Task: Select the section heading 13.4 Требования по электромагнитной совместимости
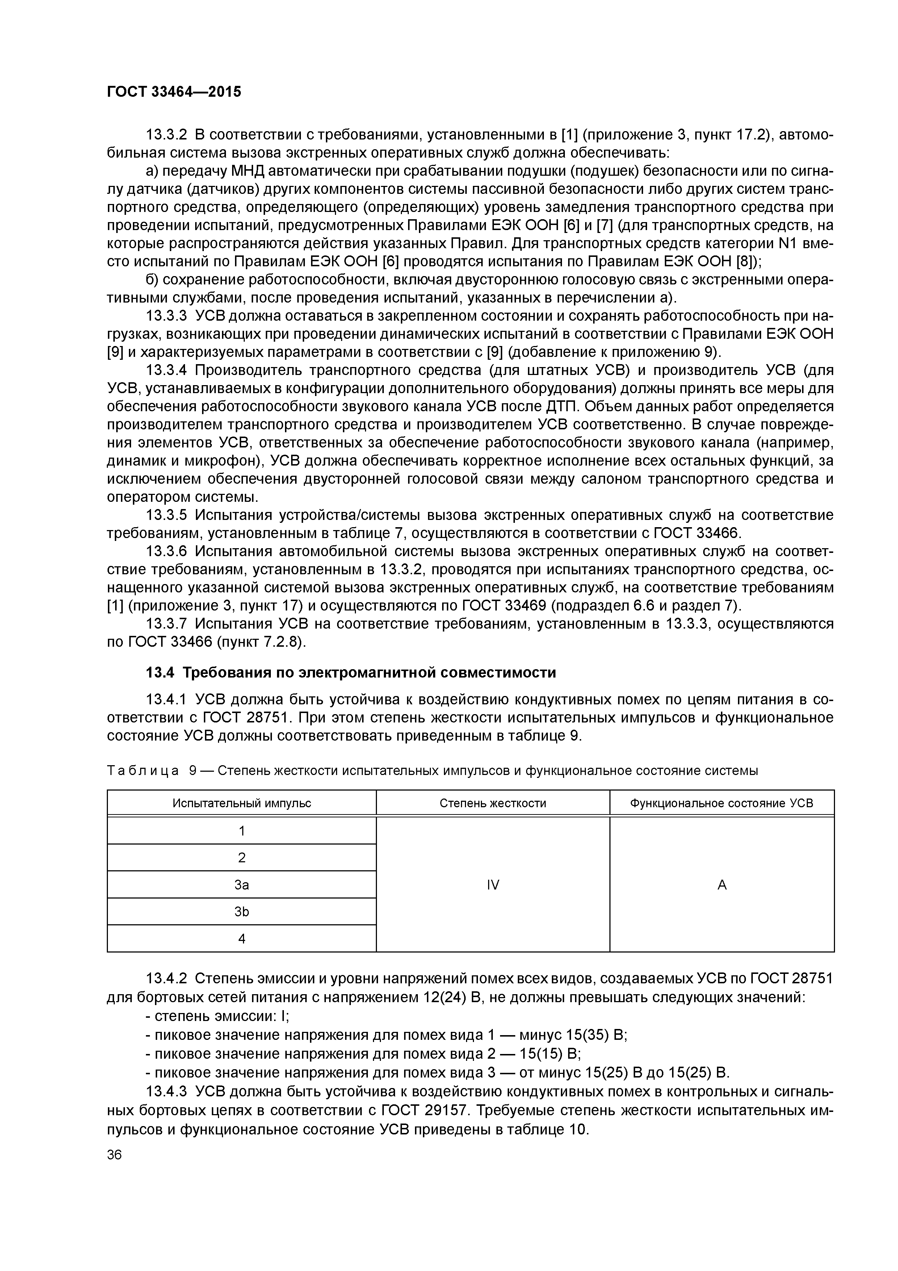click(x=350, y=672)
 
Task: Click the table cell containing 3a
click(x=242, y=885)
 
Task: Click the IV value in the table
click(x=492, y=885)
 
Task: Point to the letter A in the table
click(x=722, y=885)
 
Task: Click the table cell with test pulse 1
click(x=242, y=831)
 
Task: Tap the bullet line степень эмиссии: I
click(x=218, y=1016)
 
